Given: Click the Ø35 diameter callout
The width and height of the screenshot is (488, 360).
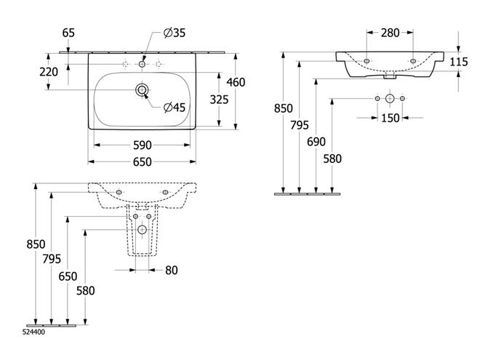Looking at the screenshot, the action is coord(175,33).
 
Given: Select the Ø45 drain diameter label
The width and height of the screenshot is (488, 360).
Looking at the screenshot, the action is coord(175,108).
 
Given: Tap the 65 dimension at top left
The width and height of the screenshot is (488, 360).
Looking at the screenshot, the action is coord(68,33).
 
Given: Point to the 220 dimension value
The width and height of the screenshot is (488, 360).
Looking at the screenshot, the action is coord(49,72).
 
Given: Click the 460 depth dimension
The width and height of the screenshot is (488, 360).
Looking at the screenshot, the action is coord(236,82).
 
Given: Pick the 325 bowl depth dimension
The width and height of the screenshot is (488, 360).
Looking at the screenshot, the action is coord(219,100).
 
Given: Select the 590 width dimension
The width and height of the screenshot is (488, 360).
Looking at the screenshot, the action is coord(143,145).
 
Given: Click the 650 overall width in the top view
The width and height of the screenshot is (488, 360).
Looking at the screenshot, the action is coord(143,161).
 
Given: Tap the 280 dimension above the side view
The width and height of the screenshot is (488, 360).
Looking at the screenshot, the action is coord(390,33).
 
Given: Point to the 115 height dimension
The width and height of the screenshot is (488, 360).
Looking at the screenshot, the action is coord(459,62).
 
